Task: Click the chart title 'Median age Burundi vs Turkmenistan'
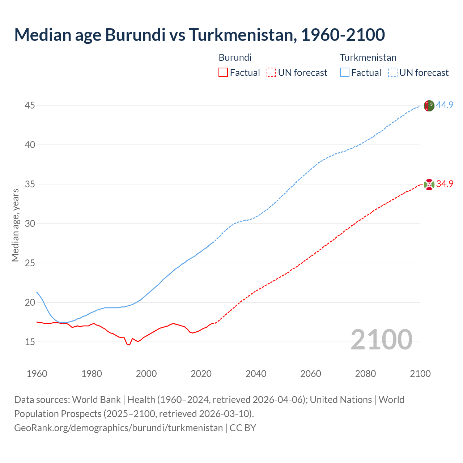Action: click(x=199, y=35)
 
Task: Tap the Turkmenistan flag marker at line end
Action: click(x=429, y=106)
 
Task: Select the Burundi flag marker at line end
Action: click(x=429, y=184)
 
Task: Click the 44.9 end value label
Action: click(x=445, y=105)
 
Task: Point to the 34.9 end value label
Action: click(x=445, y=184)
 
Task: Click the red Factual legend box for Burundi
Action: click(x=223, y=73)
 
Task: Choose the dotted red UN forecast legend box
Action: click(x=271, y=73)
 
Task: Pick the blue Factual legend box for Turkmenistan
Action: click(x=344, y=73)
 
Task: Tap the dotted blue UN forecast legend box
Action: click(x=392, y=73)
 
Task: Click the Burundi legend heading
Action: click(x=235, y=58)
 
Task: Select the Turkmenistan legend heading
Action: click(x=368, y=58)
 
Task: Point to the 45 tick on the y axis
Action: click(x=30, y=106)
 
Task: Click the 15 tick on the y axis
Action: click(x=30, y=342)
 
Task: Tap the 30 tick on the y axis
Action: click(x=30, y=224)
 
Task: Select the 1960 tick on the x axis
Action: click(x=37, y=374)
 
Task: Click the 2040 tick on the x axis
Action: click(x=256, y=374)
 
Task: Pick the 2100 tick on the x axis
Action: click(x=420, y=374)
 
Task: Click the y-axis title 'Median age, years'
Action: click(x=15, y=225)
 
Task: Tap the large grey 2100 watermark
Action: click(x=381, y=339)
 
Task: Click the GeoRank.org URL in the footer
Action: click(x=118, y=428)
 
